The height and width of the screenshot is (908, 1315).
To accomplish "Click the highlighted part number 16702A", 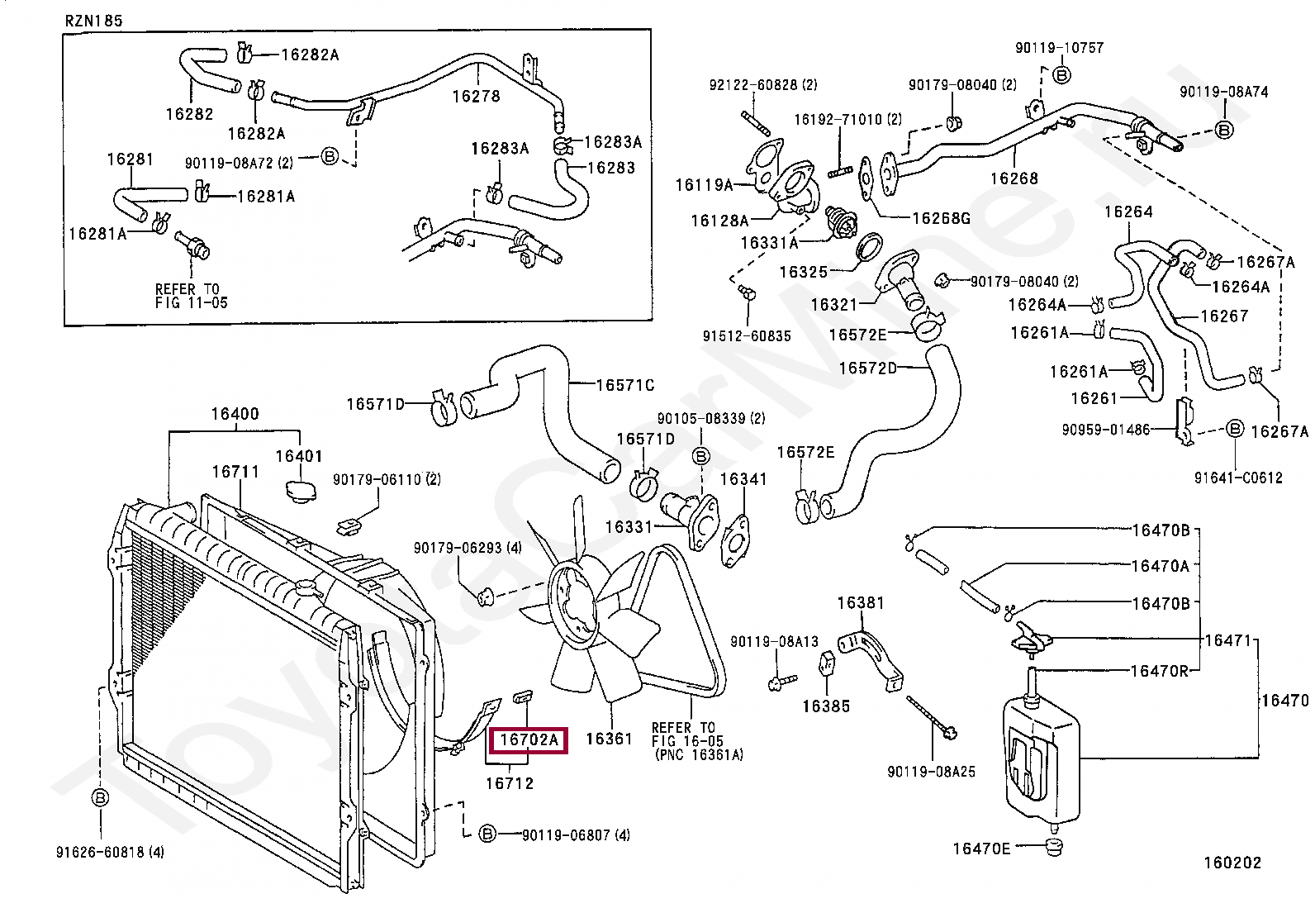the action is (529, 739).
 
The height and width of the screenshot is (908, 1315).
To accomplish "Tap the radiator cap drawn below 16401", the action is (301, 491).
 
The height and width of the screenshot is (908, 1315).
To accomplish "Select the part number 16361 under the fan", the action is (609, 739).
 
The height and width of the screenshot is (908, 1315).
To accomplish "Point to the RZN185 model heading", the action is (94, 21).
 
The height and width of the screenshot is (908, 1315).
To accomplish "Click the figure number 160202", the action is (1232, 863).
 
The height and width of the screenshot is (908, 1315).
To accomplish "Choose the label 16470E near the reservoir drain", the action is (981, 849).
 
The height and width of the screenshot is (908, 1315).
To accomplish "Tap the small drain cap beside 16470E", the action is (1054, 848).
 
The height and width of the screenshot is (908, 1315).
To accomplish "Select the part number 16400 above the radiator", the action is (235, 414).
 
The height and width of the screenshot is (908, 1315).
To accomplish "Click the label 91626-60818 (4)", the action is (110, 852).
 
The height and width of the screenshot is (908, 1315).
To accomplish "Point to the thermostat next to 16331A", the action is (841, 221).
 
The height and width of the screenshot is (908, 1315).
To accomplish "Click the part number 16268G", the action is (941, 218).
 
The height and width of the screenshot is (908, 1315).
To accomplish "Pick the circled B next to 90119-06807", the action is (487, 834).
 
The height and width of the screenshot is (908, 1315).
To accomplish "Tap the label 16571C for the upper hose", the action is (625, 385).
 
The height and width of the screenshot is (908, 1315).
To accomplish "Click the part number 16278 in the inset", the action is (476, 97).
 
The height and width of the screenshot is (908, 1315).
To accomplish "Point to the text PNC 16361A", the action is (699, 754).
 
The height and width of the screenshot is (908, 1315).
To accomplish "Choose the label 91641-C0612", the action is (1239, 478).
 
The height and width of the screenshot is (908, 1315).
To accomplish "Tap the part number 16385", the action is (826, 706).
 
